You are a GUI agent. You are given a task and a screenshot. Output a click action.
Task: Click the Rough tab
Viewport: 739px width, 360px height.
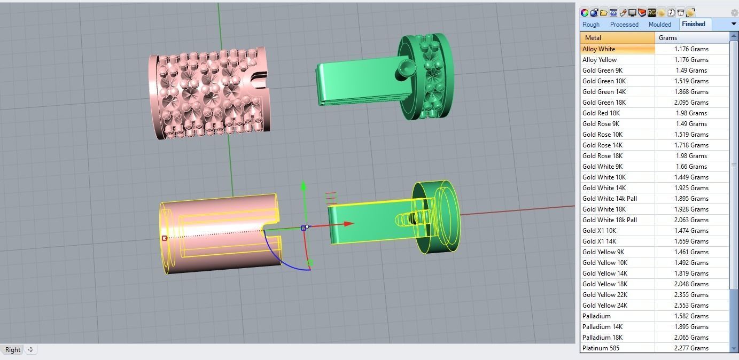(x=591, y=25)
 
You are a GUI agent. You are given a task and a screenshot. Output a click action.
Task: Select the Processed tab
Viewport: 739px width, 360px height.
(x=624, y=25)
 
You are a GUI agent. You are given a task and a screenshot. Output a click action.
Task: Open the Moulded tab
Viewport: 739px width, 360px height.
(x=660, y=25)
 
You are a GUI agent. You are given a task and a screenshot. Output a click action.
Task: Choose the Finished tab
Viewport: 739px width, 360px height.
(x=694, y=24)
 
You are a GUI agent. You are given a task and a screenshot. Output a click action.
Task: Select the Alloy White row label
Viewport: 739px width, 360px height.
(x=599, y=49)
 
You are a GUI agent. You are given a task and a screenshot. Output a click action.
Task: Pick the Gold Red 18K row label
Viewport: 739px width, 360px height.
(x=601, y=113)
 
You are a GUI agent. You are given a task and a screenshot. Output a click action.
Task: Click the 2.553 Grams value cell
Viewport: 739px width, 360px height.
(x=691, y=306)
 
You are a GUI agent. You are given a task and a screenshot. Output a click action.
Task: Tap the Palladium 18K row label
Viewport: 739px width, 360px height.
(x=602, y=338)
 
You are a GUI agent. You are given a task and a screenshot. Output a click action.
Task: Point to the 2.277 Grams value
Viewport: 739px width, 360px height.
(x=691, y=348)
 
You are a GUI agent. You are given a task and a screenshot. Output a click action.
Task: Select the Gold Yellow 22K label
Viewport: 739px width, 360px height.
(x=605, y=295)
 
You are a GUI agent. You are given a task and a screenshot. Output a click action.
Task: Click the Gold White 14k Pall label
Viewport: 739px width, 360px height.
(x=610, y=199)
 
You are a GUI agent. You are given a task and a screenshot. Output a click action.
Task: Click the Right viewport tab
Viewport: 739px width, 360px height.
(x=13, y=350)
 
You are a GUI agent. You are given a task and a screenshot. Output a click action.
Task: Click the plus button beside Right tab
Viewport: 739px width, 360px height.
(x=31, y=350)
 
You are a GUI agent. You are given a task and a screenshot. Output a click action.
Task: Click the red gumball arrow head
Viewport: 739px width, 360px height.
(x=348, y=224)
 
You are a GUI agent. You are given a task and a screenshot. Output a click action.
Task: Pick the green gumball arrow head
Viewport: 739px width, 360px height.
(x=304, y=186)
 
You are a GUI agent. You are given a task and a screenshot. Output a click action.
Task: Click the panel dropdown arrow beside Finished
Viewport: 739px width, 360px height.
(x=734, y=24)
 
